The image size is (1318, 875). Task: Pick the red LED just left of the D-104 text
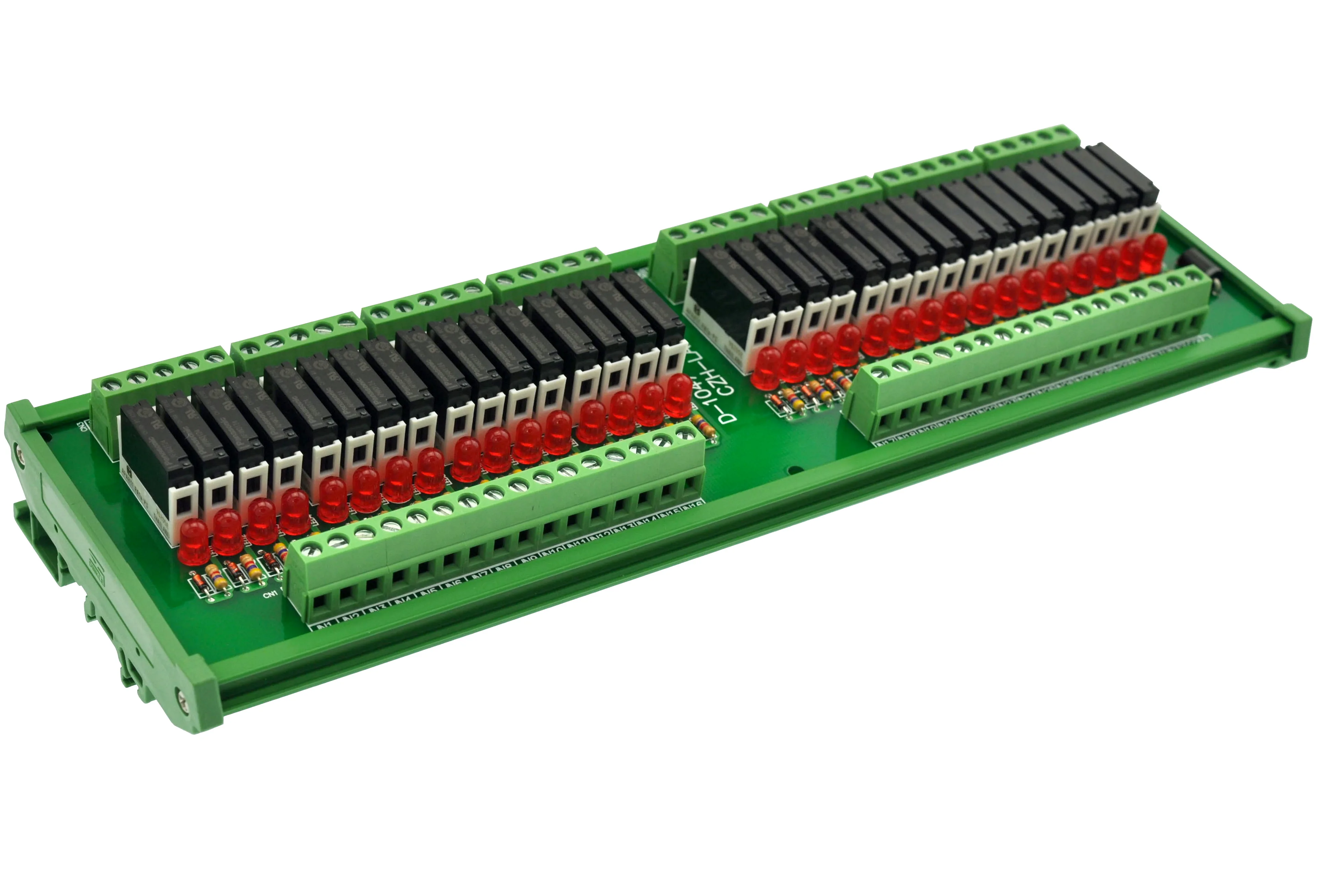click(x=678, y=395)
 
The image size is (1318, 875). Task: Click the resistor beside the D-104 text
click(x=705, y=429)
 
